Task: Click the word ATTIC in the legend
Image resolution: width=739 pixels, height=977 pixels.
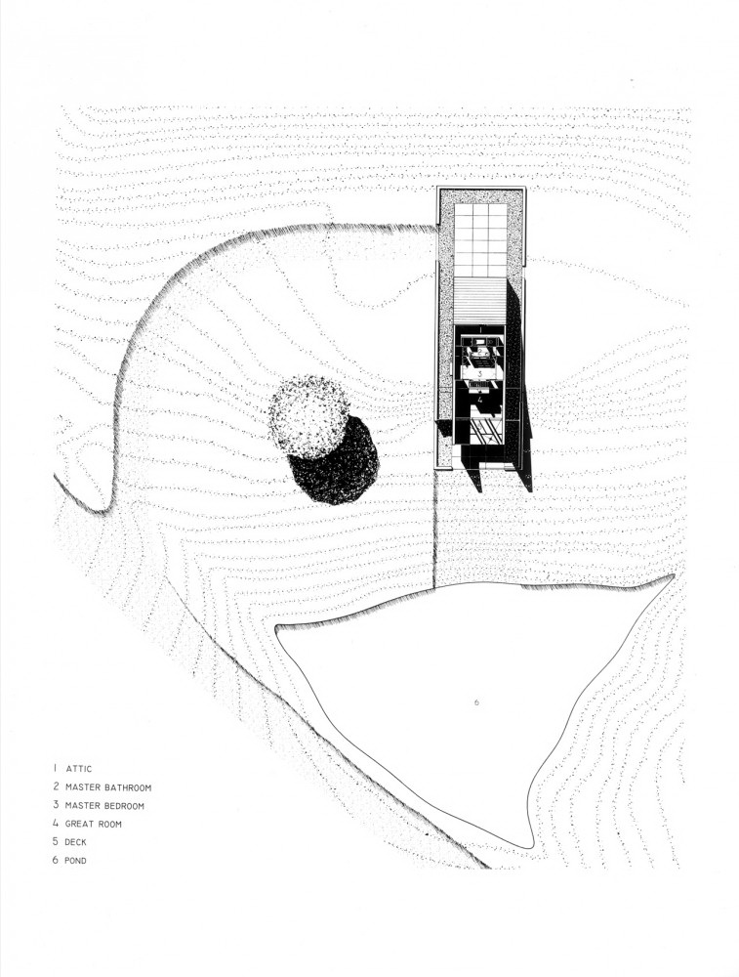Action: click(78, 769)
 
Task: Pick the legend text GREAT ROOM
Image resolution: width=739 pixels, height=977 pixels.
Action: click(94, 824)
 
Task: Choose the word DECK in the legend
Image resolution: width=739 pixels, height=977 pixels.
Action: click(75, 842)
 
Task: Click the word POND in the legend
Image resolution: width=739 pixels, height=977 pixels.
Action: click(75, 861)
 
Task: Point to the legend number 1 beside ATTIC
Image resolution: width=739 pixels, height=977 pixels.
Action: click(55, 769)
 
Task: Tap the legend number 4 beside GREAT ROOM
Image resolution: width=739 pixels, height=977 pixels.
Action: click(56, 824)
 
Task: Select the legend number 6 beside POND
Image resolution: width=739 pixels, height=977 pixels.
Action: click(56, 861)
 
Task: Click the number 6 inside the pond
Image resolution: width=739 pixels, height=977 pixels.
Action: click(476, 702)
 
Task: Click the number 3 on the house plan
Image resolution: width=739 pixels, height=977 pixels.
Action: click(479, 374)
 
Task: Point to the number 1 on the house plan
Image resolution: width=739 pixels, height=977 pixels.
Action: click(479, 327)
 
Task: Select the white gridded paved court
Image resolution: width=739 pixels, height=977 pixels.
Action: click(480, 240)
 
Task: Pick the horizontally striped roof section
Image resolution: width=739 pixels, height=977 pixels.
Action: click(479, 300)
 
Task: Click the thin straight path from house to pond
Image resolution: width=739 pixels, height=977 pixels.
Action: click(434, 529)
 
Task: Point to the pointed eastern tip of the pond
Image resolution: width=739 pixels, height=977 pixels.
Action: click(674, 575)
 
